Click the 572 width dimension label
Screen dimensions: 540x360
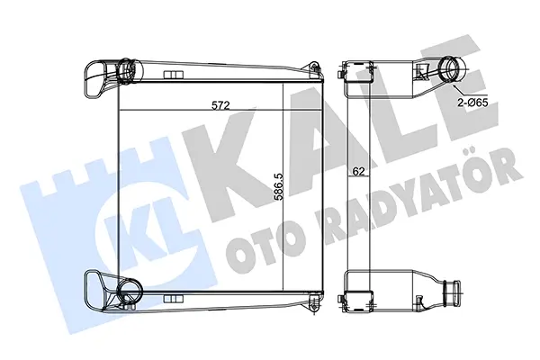[x=220, y=104]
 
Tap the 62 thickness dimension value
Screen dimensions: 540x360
[x=358, y=171]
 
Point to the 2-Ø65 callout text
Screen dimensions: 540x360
[x=472, y=103]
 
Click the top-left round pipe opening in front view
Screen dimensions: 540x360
[x=127, y=71]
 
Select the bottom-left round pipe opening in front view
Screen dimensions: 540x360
[x=129, y=289]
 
